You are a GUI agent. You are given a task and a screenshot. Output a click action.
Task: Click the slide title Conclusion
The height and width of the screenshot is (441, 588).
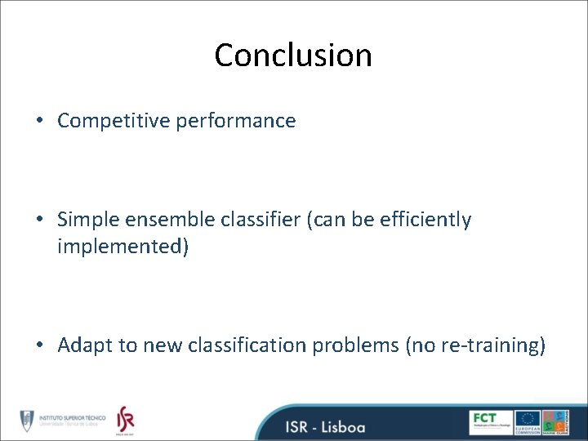pos(293,56)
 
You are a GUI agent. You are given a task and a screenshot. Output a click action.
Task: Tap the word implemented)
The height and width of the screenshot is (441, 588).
pos(122,246)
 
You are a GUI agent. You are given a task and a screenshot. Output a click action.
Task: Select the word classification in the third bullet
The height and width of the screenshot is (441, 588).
pos(250,345)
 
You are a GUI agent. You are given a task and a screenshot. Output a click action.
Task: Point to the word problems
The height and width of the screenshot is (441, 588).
pos(359,345)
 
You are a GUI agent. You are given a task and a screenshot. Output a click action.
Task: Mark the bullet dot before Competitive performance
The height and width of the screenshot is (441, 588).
pos(40,122)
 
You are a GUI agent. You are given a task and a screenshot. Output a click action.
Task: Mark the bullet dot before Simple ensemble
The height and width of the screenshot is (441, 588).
pos(40,220)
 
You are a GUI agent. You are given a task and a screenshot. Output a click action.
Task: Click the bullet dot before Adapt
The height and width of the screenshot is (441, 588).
pos(40,346)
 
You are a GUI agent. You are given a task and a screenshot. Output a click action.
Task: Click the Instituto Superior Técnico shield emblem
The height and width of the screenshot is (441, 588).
pos(27,419)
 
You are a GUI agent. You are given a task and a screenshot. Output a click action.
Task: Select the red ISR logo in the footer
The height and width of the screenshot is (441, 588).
pos(124,418)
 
